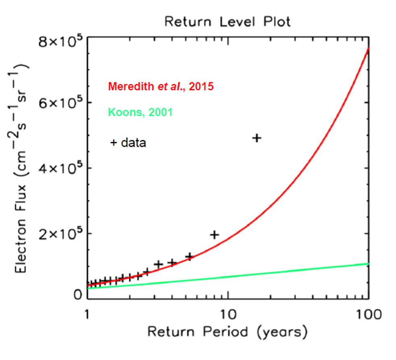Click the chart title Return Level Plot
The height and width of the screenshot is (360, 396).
[x=227, y=21]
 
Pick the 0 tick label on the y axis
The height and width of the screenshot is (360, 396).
[x=77, y=295]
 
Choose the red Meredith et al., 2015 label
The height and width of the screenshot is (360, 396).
[x=160, y=87]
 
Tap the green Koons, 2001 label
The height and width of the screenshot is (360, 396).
[x=140, y=112]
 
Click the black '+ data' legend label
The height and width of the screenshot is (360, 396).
[x=128, y=143]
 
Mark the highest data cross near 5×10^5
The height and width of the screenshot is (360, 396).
[x=257, y=138]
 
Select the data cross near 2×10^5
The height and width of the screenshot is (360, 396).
[x=215, y=235]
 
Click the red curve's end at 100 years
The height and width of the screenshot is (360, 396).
[x=368, y=48]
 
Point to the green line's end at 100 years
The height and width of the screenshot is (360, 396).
[x=368, y=264]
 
